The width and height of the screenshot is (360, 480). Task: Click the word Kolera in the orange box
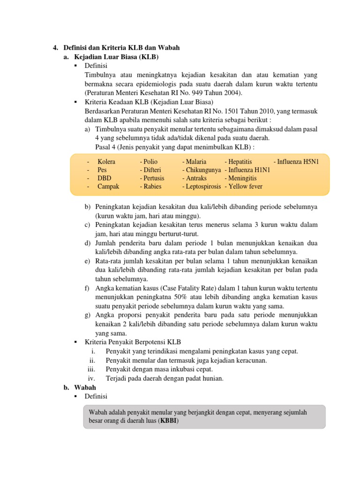pyautogui.click(x=106, y=162)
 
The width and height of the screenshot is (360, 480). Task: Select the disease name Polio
pyautogui.click(x=149, y=162)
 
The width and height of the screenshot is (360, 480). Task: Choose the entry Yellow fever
pyautogui.click(x=243, y=186)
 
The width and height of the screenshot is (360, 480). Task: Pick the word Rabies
pyautogui.click(x=151, y=186)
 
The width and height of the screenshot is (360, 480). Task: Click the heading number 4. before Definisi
pyautogui.click(x=55, y=48)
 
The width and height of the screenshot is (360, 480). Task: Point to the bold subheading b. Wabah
pyautogui.click(x=80, y=387)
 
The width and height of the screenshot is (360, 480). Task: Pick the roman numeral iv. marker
pyautogui.click(x=92, y=378)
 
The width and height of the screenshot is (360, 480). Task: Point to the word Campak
pyautogui.click(x=108, y=186)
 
